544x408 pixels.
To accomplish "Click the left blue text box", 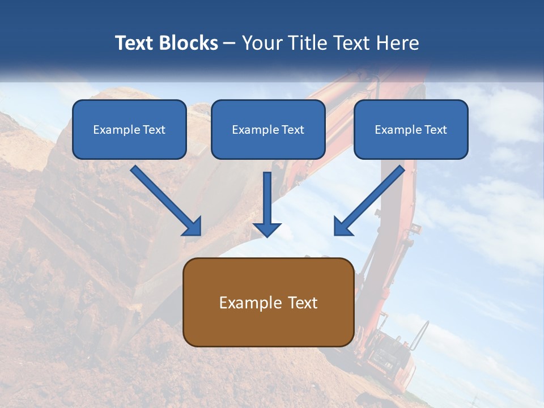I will [x=129, y=129].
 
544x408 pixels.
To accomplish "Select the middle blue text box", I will [x=268, y=129].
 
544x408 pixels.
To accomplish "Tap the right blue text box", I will [x=411, y=129].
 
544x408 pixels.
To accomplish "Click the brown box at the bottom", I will [x=268, y=302].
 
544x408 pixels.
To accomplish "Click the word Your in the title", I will [x=261, y=43].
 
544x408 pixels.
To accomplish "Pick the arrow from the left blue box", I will [x=164, y=199].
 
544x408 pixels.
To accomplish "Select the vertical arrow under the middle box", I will [x=267, y=201].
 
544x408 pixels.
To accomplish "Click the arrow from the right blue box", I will [x=371, y=199].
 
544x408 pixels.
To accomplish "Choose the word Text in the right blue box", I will [x=436, y=130].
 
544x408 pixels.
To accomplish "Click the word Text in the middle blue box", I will [x=293, y=130].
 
